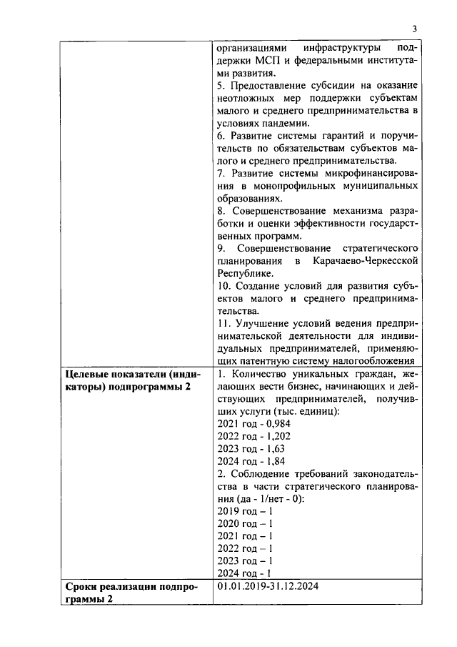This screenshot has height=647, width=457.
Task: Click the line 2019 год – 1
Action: pyautogui.click(x=245, y=512)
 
